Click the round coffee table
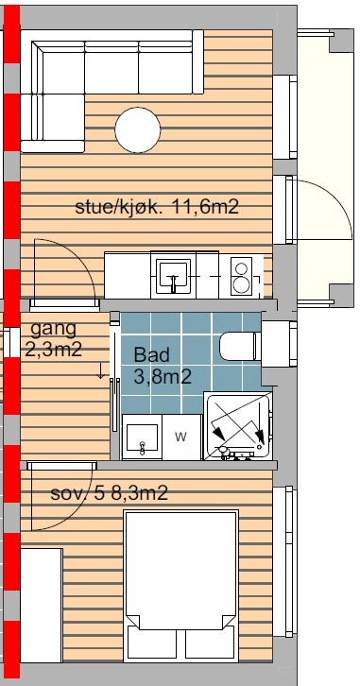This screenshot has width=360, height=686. [138, 130]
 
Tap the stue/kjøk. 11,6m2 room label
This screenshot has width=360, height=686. [157, 207]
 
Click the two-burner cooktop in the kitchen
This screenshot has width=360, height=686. [241, 276]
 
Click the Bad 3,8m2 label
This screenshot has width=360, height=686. [163, 366]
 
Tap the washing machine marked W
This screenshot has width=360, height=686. [181, 437]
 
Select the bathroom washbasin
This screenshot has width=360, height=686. [142, 437]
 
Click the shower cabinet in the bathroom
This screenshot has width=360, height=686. [238, 426]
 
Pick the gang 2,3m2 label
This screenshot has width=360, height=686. [53, 338]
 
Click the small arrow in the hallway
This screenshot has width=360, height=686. [100, 370]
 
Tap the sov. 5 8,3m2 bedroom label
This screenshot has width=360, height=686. [109, 493]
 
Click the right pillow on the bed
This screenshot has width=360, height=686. [211, 643]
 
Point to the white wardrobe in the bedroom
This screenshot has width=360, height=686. [42, 606]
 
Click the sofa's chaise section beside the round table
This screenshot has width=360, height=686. [53, 123]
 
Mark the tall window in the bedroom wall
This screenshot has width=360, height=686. [284, 561]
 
